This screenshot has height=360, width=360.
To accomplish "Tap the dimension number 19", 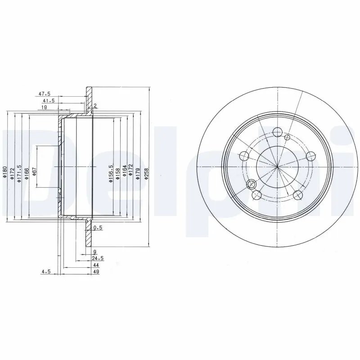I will coord(45,108).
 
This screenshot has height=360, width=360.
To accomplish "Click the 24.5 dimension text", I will coord(98,258).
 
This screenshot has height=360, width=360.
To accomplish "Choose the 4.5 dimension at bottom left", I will coord(45,271).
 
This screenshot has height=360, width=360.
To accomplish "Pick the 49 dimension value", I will coord(96,271).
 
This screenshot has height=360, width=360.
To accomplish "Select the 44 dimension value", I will coord(96,265).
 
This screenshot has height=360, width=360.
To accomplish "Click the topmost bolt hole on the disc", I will coord(278,132).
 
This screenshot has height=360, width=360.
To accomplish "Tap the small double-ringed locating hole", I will coord(252,184).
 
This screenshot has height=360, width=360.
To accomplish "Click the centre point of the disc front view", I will coord(277,167).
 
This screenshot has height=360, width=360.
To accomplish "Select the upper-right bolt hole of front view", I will coord(310,156).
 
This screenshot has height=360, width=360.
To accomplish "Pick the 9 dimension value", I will coord(94,252).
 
